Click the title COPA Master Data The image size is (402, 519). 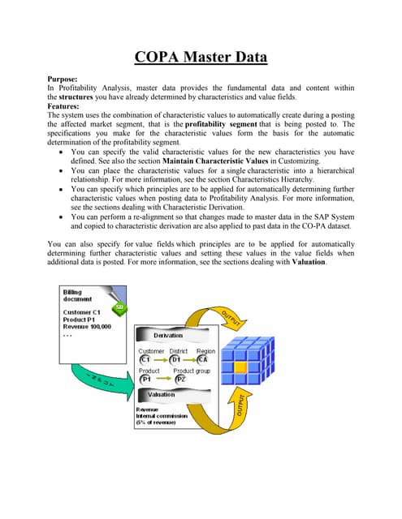pos(201,58)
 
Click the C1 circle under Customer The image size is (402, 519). pos(145,359)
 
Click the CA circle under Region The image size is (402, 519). pos(205,359)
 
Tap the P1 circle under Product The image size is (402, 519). pos(146,379)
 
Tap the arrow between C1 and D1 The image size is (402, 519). pos(160,359)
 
